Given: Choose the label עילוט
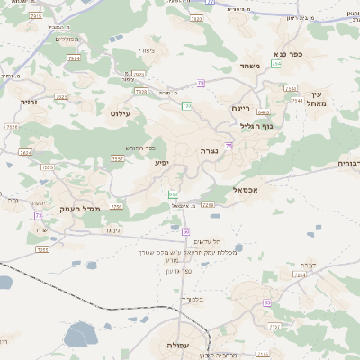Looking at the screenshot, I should pyautogui.click(x=121, y=113).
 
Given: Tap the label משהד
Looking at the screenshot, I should pyautogui.click(x=250, y=66).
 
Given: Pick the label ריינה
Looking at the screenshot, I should pyautogui.click(x=240, y=108).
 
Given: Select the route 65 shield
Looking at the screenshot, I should pyautogui.click(x=267, y=302).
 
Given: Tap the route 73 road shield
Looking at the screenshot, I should pyautogui.click(x=39, y=216).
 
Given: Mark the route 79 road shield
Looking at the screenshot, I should pyautogui.click(x=201, y=84).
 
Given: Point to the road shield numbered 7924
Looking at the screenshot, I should pyautogui.click(x=74, y=58).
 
